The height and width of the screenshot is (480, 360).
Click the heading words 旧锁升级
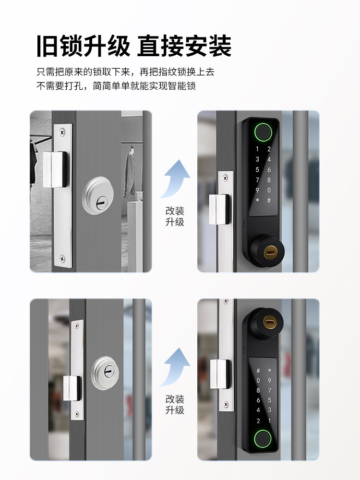[x=83, y=47]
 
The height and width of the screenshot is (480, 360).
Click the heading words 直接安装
[x=185, y=47]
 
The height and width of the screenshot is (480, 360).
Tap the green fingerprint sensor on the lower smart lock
[x=263, y=438]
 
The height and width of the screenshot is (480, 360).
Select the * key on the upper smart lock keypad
[x=258, y=200]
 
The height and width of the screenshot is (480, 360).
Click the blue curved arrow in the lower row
[x=175, y=367]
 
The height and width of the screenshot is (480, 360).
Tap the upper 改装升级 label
[x=175, y=216]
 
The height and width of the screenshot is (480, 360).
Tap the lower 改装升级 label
[x=175, y=405]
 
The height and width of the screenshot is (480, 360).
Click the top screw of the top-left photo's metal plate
[x=62, y=131]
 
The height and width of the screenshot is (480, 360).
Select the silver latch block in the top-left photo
[x=54, y=169]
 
